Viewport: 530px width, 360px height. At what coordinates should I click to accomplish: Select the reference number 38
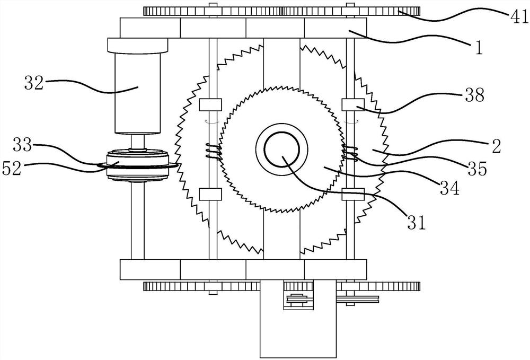(x=474, y=95)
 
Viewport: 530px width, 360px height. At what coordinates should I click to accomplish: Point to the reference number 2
(x=496, y=146)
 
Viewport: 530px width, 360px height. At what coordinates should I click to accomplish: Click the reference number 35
(x=478, y=169)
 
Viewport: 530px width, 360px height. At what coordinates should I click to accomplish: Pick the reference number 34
(x=449, y=188)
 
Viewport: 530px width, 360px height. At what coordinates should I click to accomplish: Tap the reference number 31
(x=417, y=222)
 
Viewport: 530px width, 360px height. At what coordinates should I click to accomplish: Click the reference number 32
(x=34, y=83)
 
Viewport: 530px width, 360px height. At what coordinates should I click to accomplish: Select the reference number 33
(x=22, y=145)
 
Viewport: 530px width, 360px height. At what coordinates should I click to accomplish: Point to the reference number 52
(x=12, y=168)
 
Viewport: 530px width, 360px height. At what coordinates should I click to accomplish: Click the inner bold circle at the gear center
(x=282, y=150)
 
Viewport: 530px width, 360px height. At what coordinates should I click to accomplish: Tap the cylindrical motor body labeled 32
(x=138, y=93)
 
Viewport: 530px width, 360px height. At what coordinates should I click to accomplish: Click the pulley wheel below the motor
(x=138, y=165)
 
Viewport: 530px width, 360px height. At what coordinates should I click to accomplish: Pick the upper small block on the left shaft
(x=210, y=105)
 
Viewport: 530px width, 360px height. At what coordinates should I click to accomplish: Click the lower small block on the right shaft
(x=353, y=195)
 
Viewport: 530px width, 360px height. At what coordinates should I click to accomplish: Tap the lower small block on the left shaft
(x=210, y=195)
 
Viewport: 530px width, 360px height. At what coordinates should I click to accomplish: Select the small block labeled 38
(x=353, y=105)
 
